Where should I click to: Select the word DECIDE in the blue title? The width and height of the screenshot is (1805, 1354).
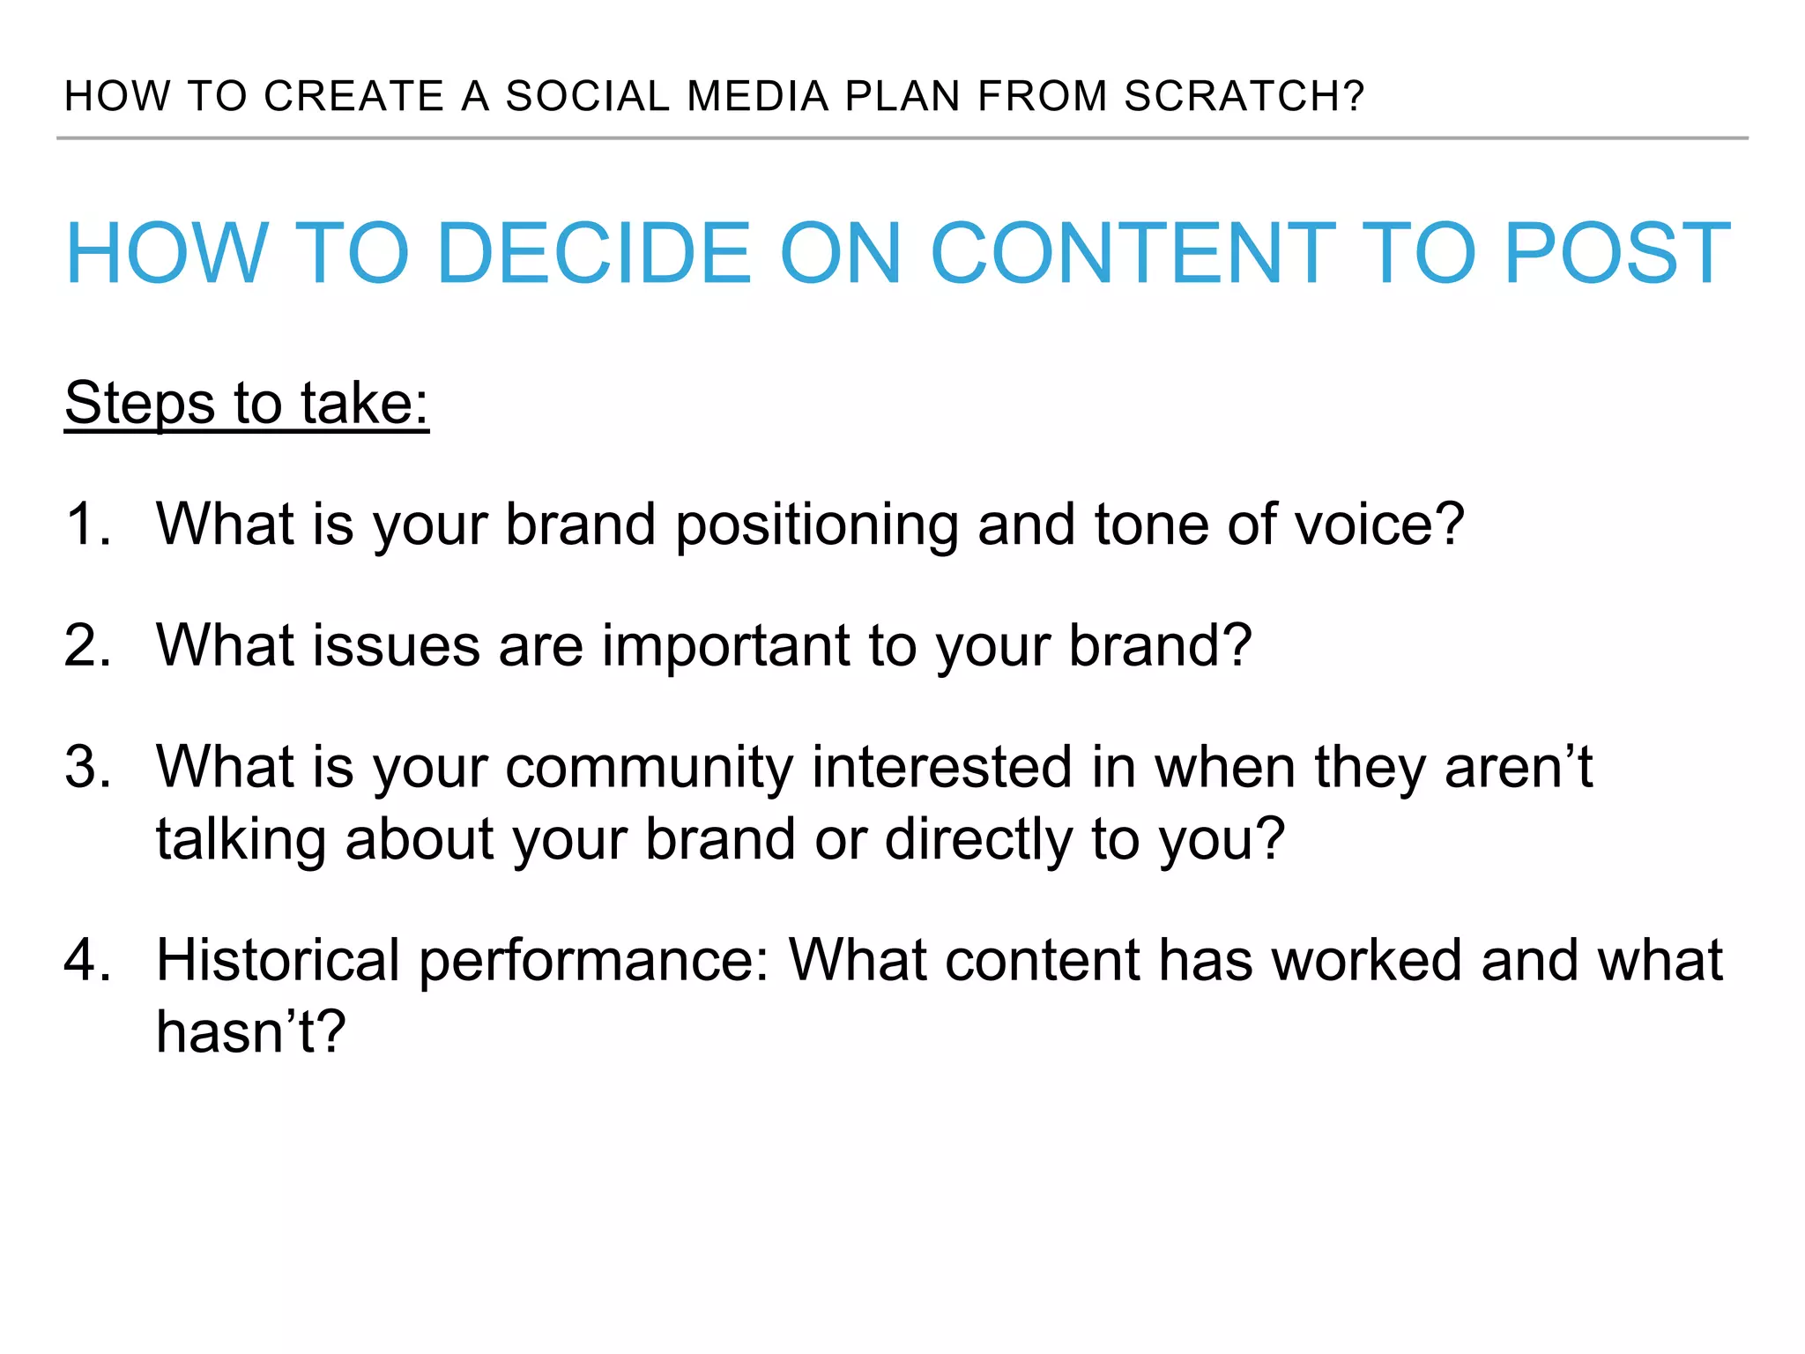[593, 254]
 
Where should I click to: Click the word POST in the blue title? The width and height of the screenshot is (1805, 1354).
[1617, 254]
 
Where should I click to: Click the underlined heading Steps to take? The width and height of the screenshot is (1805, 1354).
[246, 404]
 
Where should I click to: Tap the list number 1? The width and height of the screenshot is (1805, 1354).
[86, 524]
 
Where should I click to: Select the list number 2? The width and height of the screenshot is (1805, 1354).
[86, 645]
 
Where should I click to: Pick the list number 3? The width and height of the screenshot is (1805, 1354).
[86, 767]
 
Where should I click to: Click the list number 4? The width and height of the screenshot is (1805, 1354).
[86, 960]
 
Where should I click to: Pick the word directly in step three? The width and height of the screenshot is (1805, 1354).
[977, 839]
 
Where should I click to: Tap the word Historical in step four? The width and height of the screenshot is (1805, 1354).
[278, 960]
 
